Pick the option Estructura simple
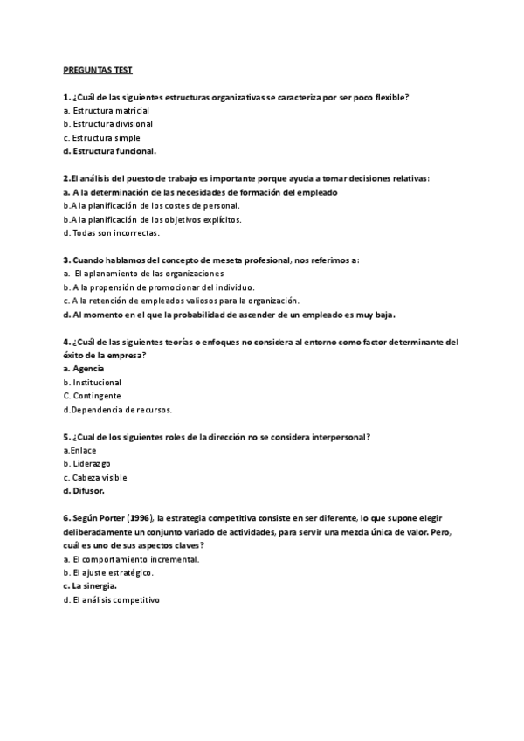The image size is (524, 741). (106, 138)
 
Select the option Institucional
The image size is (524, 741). (97, 382)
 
